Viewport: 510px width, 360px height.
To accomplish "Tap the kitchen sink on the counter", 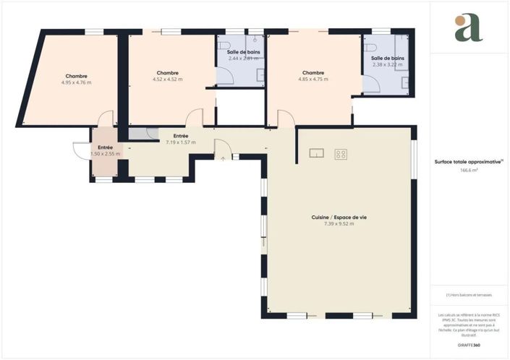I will [316, 153].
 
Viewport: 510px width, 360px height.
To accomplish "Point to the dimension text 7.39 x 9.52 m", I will [334, 223].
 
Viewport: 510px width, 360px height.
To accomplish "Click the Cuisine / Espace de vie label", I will [334, 217].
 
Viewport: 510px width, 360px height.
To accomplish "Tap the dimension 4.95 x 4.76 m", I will [76, 82].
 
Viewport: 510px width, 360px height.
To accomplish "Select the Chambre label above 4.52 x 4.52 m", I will [167, 72].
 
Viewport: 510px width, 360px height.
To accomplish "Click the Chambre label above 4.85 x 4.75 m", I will [313, 72].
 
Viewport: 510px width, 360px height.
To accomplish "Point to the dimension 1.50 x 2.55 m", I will [106, 154].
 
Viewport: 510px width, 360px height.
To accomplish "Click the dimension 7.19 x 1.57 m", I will [181, 142].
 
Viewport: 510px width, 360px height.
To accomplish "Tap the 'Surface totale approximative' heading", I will [468, 163].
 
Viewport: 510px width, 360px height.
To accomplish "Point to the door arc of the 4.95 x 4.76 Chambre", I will [106, 118].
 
